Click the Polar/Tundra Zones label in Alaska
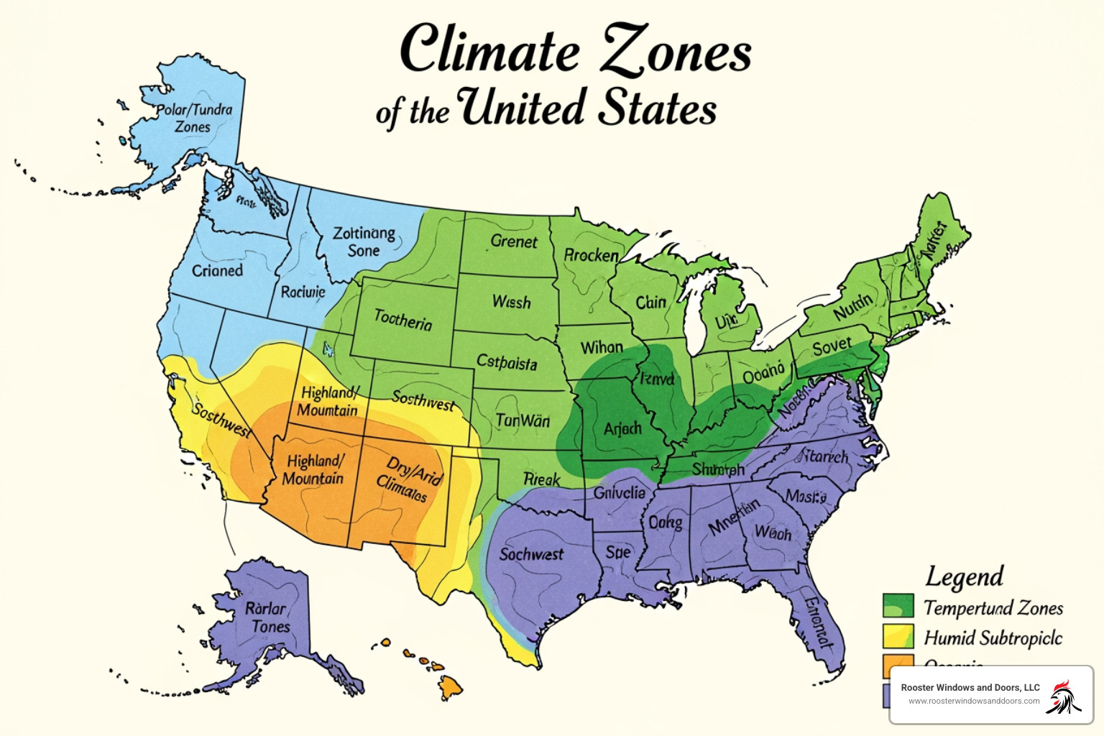tap(194, 119)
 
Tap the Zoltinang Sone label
tap(364, 242)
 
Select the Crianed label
tap(217, 271)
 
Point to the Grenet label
tap(513, 241)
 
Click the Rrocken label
tap(591, 255)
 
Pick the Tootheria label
tap(403, 319)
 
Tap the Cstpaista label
tap(507, 362)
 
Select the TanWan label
tap(523, 420)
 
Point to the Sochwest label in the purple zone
tap(531, 554)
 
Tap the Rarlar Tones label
tap(267, 617)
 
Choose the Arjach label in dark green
tap(622, 429)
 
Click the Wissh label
tap(511, 302)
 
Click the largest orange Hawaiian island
tap(451, 687)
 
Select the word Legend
tap(965, 576)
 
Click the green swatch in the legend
tap(898, 606)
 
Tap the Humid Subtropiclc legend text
tap(993, 638)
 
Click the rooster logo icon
tap(1064, 696)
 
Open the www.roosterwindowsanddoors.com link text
tap(973, 701)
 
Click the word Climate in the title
tap(489, 50)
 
